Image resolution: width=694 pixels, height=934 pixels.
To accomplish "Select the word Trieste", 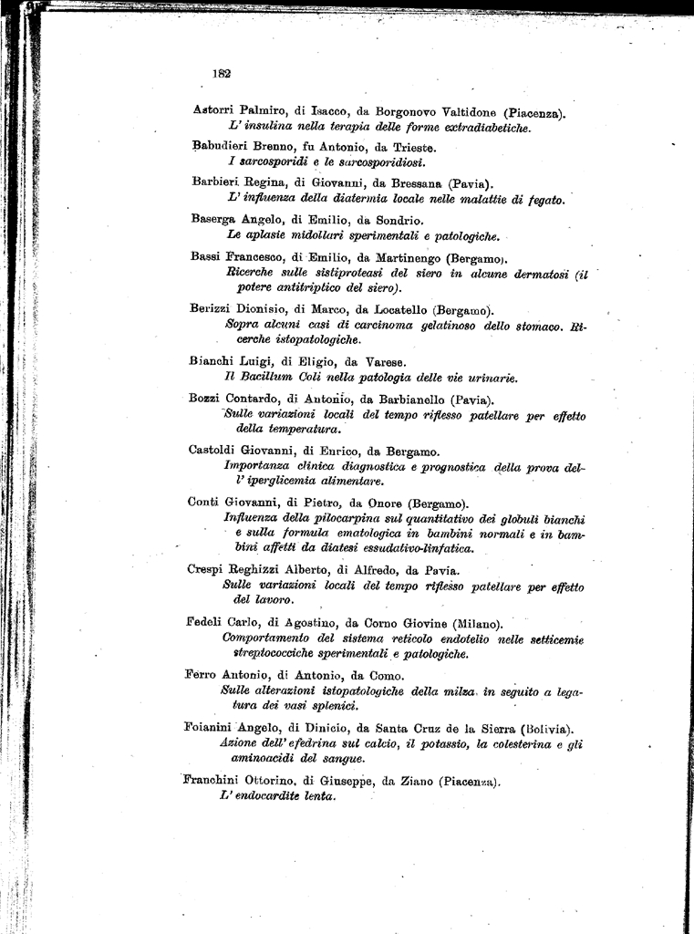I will click(411, 147).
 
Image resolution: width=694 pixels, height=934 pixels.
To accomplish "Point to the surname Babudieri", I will click(222, 147).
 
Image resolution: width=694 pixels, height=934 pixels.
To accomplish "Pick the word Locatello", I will click(395, 309).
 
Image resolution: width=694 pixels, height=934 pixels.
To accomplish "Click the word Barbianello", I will click(403, 399).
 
